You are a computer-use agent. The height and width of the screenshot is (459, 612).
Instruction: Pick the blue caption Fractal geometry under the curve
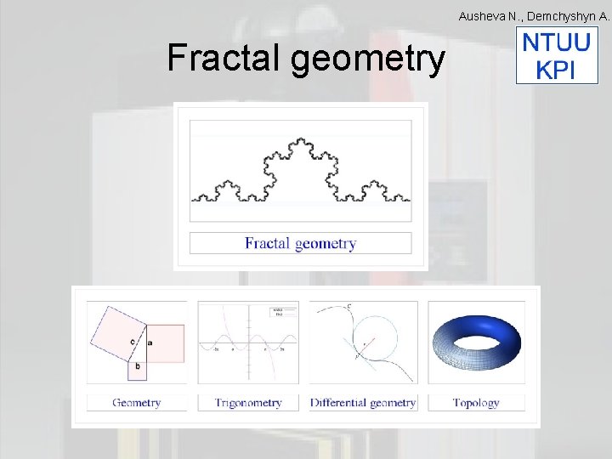300,244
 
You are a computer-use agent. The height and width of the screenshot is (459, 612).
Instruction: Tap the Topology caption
476,403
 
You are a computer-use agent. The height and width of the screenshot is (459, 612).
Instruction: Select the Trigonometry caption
247,403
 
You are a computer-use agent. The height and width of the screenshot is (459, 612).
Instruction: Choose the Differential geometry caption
363,403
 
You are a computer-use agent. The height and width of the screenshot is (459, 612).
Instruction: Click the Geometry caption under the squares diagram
136,403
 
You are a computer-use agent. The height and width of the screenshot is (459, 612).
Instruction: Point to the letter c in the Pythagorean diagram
132,342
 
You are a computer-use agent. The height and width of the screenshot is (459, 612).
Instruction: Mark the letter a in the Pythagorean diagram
150,342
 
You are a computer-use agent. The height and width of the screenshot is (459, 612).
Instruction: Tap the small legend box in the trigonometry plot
278,312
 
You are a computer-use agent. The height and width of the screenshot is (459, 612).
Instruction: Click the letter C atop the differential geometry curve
348,305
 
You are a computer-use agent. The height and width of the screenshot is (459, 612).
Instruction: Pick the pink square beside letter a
167,342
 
